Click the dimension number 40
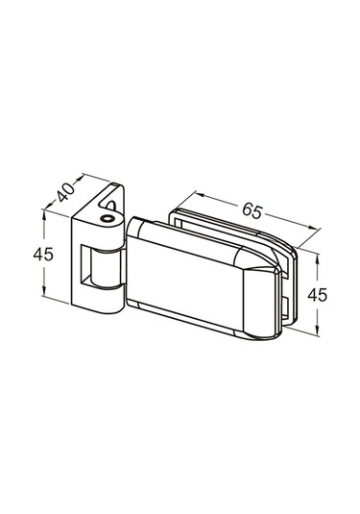click(x=65, y=192)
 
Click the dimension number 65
click(x=252, y=210)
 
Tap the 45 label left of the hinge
click(x=43, y=254)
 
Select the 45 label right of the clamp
click(x=317, y=295)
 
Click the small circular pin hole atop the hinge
click(x=107, y=219)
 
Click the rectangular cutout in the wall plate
click(x=86, y=264)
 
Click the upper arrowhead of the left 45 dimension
click(x=44, y=214)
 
